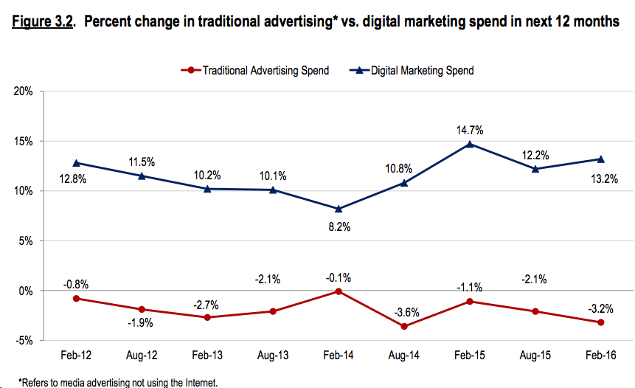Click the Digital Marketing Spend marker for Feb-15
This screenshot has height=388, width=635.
[x=470, y=144]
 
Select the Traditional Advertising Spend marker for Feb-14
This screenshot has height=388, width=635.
[x=339, y=291]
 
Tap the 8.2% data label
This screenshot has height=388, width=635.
[x=339, y=227]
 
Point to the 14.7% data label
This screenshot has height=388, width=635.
[x=470, y=130]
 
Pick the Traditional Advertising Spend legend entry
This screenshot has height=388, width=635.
[x=254, y=71]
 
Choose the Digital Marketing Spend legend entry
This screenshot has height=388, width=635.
[x=413, y=71]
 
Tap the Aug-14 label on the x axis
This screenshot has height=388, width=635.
[x=403, y=356]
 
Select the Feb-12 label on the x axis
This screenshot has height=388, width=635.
[x=77, y=356]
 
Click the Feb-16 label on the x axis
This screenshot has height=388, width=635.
[x=600, y=356]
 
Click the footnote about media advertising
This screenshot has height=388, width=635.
[x=118, y=382]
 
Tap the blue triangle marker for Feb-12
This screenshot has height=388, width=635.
[x=77, y=163]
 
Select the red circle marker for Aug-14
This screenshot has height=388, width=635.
[x=404, y=326]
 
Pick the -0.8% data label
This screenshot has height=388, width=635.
[x=77, y=283]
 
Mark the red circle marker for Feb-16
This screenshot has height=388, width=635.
[x=601, y=322]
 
